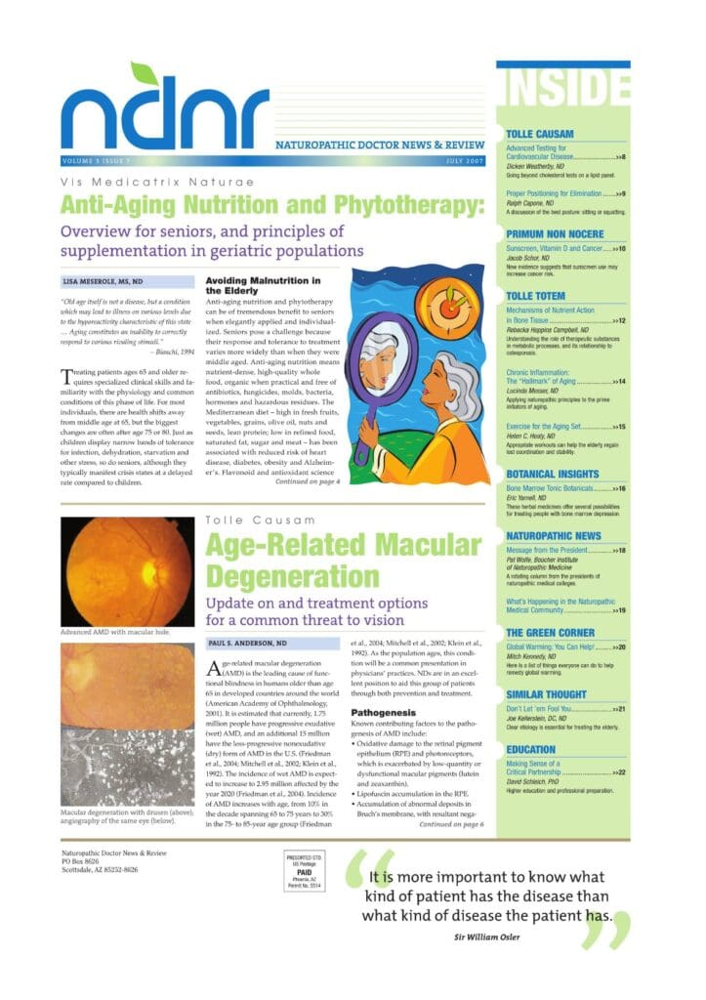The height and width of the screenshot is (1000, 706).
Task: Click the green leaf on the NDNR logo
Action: coord(144,74)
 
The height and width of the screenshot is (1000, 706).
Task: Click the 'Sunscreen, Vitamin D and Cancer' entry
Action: coord(559,249)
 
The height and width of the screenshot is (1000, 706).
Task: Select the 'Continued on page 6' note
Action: coord(452,825)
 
